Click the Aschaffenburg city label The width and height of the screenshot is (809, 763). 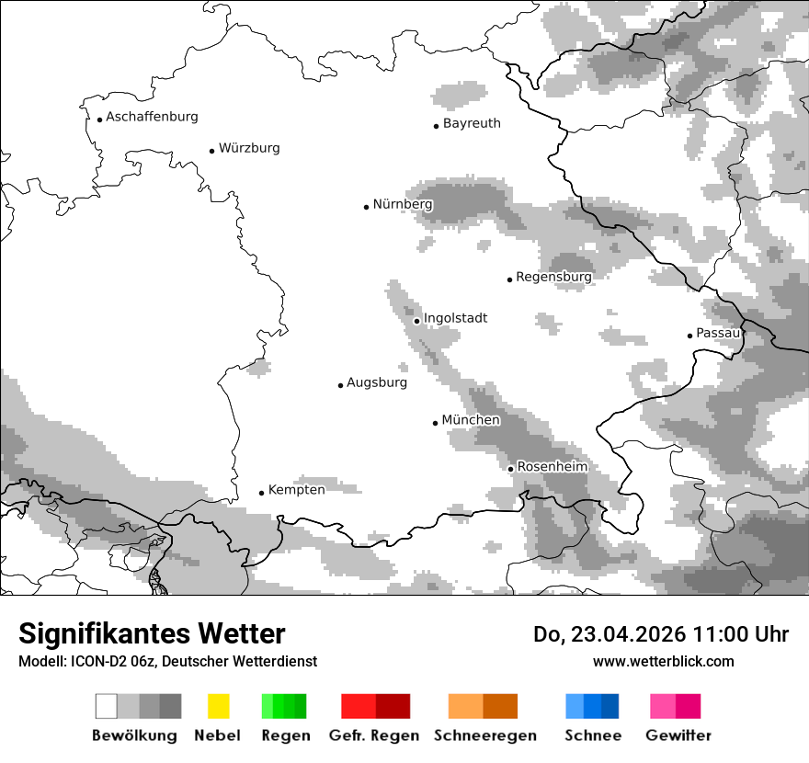coord(152,117)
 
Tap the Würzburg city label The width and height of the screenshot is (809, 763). coord(249,148)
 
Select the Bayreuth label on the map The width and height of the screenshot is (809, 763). coord(472,123)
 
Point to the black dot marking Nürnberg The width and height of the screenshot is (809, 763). coord(366,207)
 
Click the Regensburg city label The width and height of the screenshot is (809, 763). coord(553,277)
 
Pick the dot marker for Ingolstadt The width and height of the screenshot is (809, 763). coord(416,321)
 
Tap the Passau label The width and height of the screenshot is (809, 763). coord(718,333)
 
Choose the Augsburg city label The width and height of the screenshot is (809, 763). coord(377,382)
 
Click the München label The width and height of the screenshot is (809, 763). coord(471,420)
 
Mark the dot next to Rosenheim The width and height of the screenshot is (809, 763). coord(510,469)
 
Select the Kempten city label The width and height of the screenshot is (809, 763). coord(296,490)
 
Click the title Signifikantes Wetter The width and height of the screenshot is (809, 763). coord(152,633)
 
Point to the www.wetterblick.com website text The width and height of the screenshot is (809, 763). coord(663,661)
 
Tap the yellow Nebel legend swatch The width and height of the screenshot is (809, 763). coord(218,706)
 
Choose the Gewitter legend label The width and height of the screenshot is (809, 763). coord(678,735)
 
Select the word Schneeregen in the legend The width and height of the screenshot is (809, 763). coord(485,735)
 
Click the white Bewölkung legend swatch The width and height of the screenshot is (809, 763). coord(107,706)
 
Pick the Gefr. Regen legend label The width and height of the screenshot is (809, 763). coord(374,735)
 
